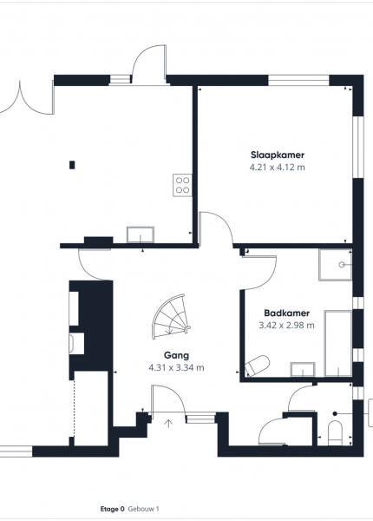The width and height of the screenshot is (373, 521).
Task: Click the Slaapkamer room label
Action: [278, 155]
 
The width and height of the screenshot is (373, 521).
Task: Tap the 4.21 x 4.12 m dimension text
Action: [278, 167]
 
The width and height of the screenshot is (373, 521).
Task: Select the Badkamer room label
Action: [287, 313]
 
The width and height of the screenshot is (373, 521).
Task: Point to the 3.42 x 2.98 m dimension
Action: [287, 326]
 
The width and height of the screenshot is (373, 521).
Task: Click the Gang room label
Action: [177, 355]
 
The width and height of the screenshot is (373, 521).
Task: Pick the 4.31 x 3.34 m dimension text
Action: [177, 368]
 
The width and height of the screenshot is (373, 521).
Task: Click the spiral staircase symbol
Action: [171, 317]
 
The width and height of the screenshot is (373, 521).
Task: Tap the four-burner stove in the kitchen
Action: [182, 185]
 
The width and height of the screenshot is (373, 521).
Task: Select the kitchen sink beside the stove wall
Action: [141, 234]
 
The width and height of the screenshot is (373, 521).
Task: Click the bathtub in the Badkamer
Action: [337, 344]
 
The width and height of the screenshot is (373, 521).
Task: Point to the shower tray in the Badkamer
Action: [335, 265]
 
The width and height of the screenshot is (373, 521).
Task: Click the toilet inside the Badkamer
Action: [257, 366]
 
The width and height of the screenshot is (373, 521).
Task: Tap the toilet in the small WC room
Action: [335, 433]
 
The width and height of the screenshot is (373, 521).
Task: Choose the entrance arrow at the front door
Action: [169, 424]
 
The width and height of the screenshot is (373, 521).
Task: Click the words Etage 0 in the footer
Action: [112, 509]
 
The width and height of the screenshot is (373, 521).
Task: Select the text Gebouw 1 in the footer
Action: [144, 509]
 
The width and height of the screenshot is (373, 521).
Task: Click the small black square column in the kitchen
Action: [72, 165]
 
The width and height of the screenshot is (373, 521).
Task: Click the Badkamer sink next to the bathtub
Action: [303, 370]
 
